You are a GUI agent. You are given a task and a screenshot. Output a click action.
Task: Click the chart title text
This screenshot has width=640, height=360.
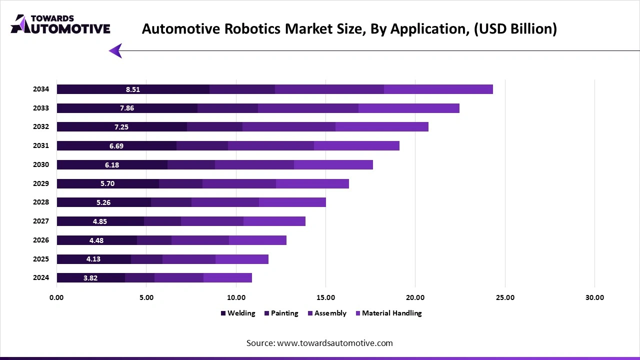(x=349, y=28)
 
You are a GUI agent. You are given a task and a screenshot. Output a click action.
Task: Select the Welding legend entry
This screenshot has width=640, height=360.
(x=238, y=313)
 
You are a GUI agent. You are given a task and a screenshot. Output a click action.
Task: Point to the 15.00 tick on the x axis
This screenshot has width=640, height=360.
(x=325, y=297)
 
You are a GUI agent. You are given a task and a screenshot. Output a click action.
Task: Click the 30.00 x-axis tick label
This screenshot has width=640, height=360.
(x=594, y=297)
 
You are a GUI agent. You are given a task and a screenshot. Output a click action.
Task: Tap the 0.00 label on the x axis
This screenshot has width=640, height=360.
(x=56, y=297)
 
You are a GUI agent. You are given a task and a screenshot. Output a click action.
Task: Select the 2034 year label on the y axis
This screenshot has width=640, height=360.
(x=41, y=89)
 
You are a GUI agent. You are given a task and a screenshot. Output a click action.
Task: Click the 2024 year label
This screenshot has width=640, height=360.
(x=41, y=277)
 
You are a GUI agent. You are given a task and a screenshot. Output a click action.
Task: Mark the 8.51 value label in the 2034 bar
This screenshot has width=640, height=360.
(x=133, y=89)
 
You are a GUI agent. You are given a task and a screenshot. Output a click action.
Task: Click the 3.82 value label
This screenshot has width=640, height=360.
(x=90, y=278)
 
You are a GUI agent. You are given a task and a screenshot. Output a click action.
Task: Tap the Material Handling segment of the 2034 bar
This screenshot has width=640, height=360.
(x=438, y=89)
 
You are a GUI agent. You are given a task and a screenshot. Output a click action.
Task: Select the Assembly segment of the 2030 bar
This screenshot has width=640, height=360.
(x=254, y=165)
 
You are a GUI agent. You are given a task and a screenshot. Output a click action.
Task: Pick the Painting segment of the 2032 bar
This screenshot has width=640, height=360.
(x=214, y=127)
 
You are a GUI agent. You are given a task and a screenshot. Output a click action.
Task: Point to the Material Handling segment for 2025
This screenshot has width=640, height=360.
(x=242, y=259)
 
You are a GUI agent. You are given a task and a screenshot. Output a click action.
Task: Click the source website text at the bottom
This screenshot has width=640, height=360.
(x=319, y=343)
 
